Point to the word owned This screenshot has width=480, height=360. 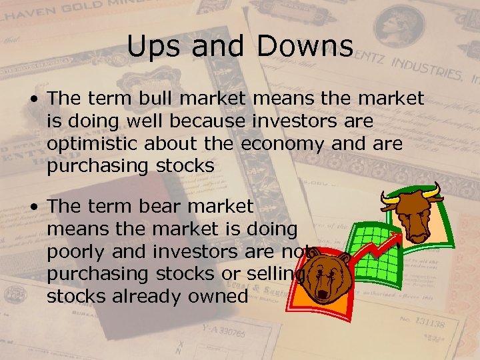pyautogui.click(x=216, y=297)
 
